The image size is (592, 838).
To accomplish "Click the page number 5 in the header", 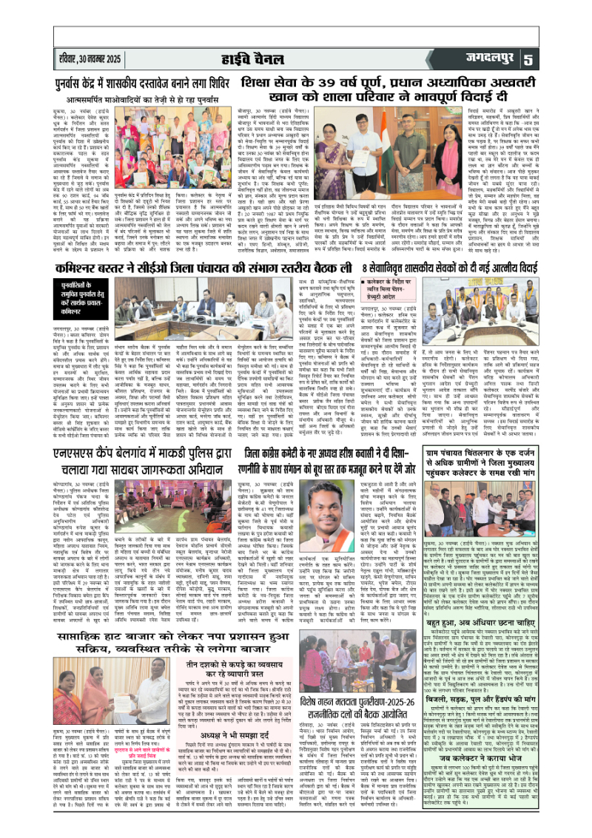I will click(570, 58).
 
